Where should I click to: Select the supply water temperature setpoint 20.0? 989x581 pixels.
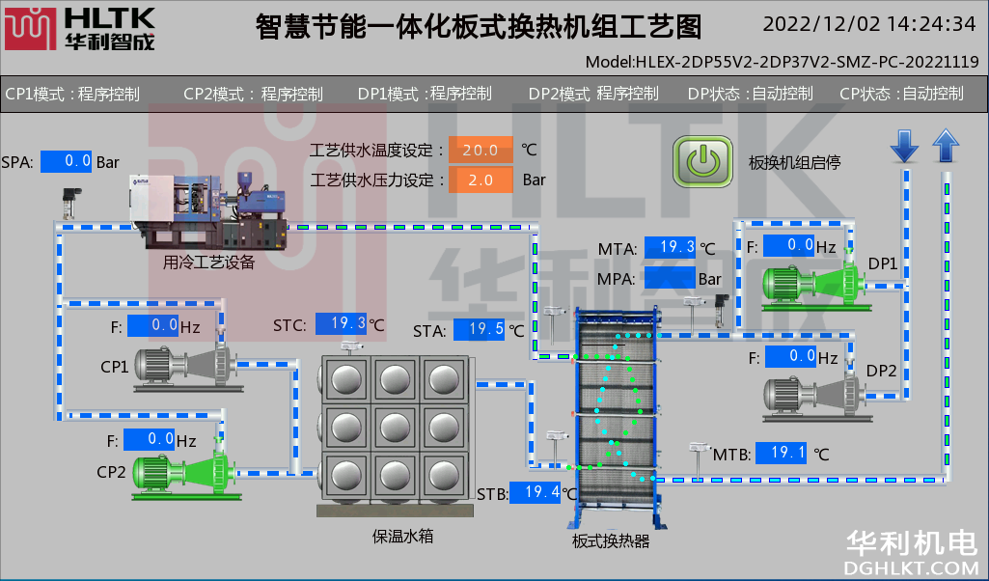tap(481, 150)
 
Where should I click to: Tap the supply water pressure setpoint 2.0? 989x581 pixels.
tap(481, 180)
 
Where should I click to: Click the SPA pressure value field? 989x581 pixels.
tap(67, 162)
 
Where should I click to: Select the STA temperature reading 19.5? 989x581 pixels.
tap(480, 330)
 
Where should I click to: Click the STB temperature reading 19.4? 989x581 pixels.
tap(536, 492)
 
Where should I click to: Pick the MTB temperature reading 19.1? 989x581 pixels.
tap(781, 452)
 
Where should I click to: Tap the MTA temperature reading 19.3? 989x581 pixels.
tap(671, 247)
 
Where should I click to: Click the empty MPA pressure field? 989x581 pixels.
tap(671, 278)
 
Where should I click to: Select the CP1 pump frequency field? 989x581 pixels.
tap(151, 326)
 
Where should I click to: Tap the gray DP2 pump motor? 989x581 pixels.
tap(810, 394)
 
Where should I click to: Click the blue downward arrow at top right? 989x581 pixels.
tap(904, 146)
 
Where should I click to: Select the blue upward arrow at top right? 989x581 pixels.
tap(946, 146)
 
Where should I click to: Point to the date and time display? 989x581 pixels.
tap(869, 24)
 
